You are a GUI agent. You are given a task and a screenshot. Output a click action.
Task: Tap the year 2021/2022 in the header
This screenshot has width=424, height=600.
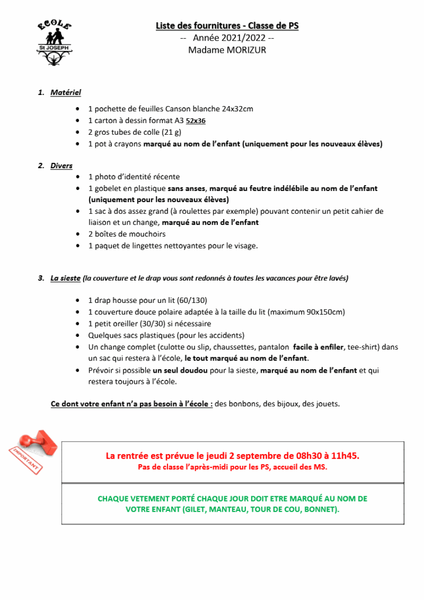tap(230, 38)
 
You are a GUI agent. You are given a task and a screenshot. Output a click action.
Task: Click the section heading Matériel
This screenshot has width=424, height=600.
tap(66, 93)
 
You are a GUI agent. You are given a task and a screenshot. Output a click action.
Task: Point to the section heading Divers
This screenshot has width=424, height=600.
tap(61, 166)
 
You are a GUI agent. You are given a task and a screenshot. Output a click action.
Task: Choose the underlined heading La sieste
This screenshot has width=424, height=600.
tap(66, 278)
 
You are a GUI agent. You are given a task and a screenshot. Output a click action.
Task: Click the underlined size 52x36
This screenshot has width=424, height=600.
tap(196, 121)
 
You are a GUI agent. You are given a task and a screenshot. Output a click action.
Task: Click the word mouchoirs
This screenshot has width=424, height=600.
tap(145, 234)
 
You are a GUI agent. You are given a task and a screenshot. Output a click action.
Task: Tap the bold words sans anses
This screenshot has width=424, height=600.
tap(187, 189)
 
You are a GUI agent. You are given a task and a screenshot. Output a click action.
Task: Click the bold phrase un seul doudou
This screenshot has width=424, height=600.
tap(182, 370)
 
